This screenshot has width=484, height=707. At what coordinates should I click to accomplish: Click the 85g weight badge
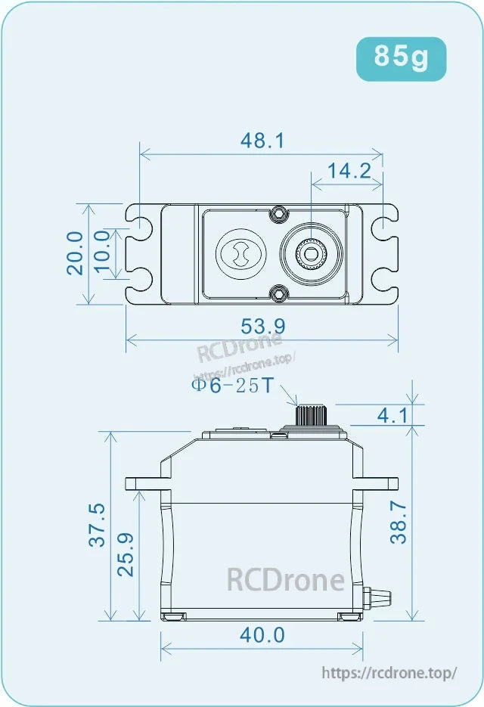coord(401,58)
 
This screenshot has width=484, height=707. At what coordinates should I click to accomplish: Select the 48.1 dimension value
coord(262,141)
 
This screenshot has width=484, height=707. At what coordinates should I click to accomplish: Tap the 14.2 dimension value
coord(349,171)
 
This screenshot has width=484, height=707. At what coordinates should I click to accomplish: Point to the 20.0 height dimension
coord(75,253)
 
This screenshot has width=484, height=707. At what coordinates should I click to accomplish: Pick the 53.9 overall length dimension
coord(262,327)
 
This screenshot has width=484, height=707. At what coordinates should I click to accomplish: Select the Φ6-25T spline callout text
coord(231,386)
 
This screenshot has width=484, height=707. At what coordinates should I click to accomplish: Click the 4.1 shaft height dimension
coord(392,415)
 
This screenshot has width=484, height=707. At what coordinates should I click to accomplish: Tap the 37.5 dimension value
coord(97,525)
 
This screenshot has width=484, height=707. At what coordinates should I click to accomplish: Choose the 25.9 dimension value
coord(126,555)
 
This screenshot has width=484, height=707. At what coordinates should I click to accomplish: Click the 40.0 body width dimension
coord(262,635)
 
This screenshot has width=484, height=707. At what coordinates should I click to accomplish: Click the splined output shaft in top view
coord(311,253)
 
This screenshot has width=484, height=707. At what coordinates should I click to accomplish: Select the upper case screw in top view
coord(280,213)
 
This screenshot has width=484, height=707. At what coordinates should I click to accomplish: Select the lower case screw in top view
coord(280,292)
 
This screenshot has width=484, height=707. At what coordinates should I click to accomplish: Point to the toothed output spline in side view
coord(311,415)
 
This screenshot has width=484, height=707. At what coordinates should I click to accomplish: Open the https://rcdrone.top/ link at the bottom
coord(389,672)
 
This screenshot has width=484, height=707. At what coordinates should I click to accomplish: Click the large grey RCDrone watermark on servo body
coord(286,580)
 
